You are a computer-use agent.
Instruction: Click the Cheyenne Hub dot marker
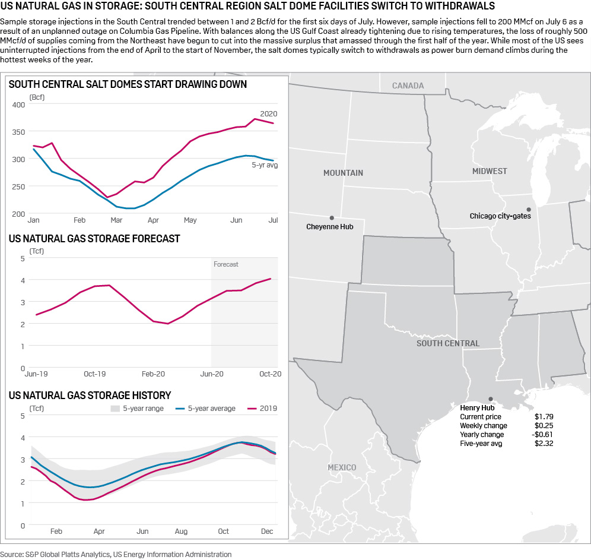coord(332,218)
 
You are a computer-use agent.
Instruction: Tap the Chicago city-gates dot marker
coord(528,209)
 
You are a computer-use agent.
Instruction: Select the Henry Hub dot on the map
coord(490,399)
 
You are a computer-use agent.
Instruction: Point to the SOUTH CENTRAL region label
coord(447,343)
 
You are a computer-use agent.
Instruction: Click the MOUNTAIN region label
coord(343,173)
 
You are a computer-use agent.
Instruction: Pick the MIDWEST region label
coord(490,171)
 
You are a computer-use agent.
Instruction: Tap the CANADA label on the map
coord(408,86)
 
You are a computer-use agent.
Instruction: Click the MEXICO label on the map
coord(342,467)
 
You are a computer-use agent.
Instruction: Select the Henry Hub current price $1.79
coord(544,417)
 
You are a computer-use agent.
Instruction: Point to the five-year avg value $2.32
coord(544,444)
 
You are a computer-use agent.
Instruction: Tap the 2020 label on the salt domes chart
coord(268,113)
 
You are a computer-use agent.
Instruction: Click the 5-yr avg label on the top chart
coord(265,165)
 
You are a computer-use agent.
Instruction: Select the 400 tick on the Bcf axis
coord(19,105)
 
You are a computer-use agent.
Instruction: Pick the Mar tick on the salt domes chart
coord(116,220)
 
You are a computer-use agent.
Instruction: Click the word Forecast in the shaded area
coord(226,264)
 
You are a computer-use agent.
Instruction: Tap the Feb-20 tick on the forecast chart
coord(153,374)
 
